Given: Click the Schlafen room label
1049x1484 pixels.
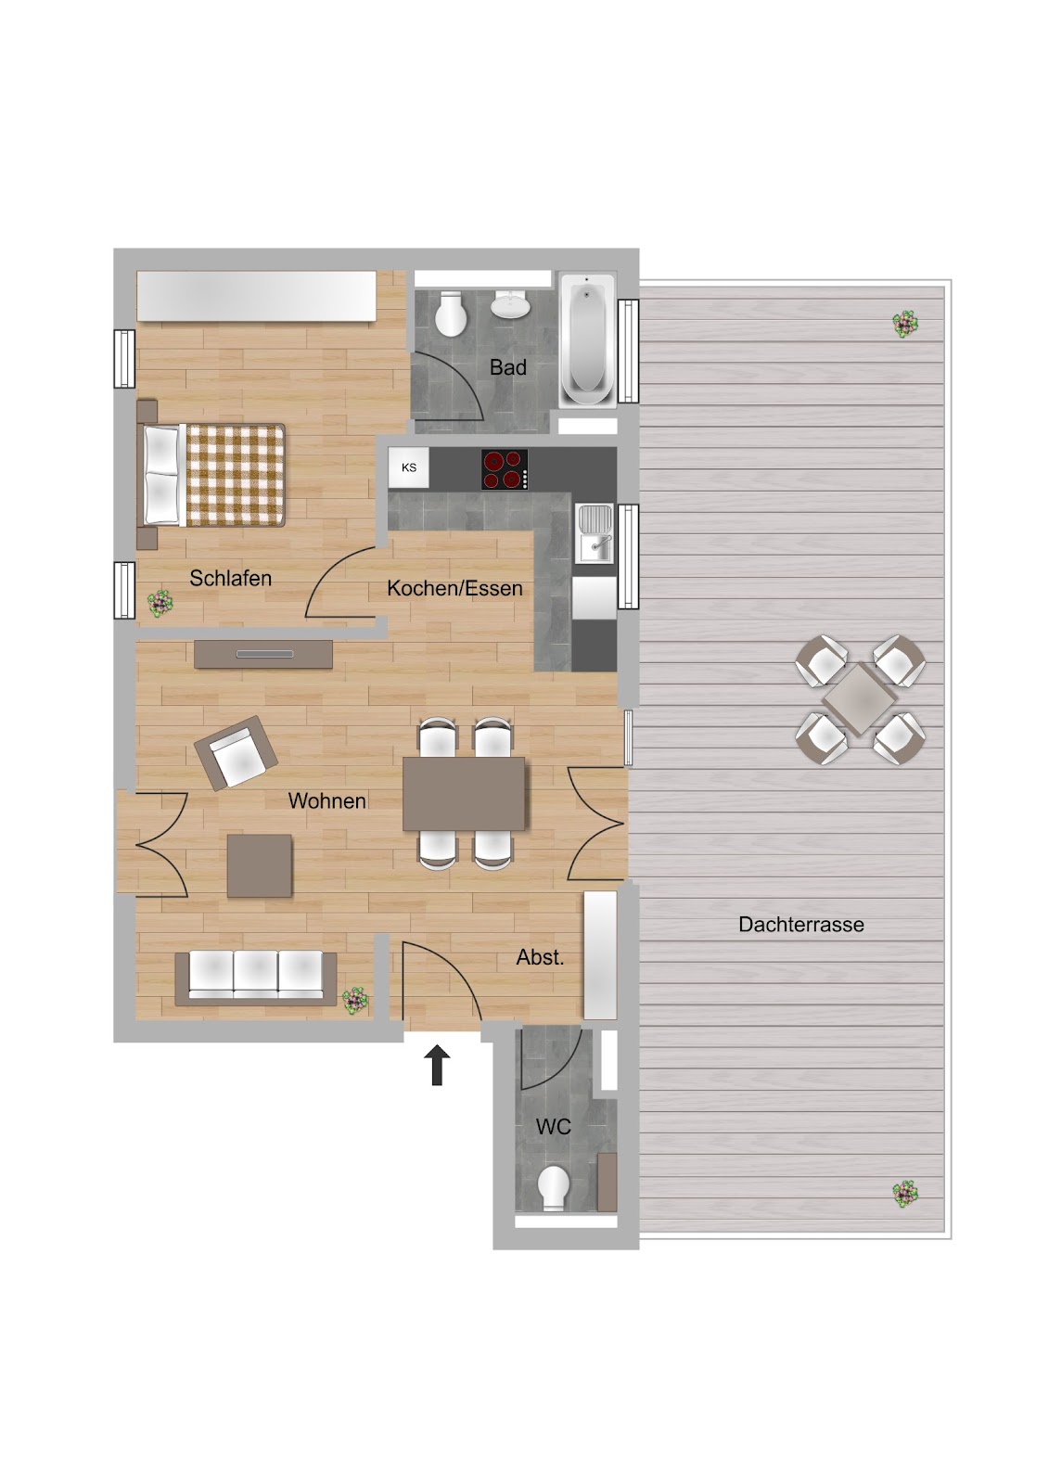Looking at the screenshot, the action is (x=231, y=579).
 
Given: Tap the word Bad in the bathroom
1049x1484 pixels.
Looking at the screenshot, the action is (x=507, y=367).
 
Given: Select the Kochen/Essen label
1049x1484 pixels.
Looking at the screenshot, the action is (x=454, y=588).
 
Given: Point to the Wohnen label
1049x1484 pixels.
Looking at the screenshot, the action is (x=326, y=801).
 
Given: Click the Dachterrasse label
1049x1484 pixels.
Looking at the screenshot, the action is (x=801, y=924).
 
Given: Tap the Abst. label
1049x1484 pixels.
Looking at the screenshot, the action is (x=540, y=957).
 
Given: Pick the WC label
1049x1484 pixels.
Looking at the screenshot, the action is (x=554, y=1126).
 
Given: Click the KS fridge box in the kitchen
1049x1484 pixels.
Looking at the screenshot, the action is (x=408, y=467).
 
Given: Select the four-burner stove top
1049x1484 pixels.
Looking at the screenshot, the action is (x=505, y=469).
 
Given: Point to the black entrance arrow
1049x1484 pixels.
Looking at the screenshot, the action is (x=438, y=1065).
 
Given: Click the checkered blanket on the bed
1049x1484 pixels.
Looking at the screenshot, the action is (x=236, y=475).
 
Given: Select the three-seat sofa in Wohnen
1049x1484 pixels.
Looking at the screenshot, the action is (x=256, y=979).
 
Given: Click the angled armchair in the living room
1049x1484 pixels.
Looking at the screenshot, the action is (x=236, y=753).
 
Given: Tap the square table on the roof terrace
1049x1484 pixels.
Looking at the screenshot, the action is (x=859, y=699).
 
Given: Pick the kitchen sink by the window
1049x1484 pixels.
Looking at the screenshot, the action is (x=595, y=533).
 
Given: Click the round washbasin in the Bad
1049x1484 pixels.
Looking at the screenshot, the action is (x=509, y=305).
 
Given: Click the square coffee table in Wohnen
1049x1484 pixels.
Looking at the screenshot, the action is (x=259, y=866).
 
